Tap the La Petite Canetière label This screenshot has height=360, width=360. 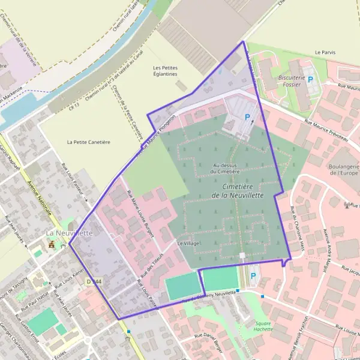click(89, 142)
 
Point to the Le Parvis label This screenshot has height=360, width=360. click(325, 53)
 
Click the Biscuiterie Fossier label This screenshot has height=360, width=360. click(292, 82)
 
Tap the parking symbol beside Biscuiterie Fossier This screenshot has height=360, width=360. click(310, 79)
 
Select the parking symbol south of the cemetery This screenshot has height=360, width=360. click(253, 277)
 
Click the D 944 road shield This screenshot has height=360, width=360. click(92, 281)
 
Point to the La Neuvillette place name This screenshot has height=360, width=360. click(70, 233)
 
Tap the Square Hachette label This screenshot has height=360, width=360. click(263, 326)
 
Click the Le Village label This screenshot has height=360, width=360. click(188, 244)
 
